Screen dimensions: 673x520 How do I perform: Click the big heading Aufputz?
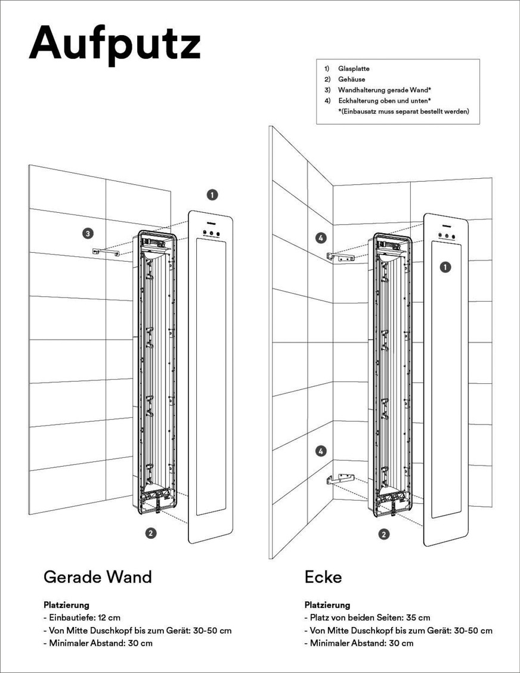tap(114, 42)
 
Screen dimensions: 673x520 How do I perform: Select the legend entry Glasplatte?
tap(354, 69)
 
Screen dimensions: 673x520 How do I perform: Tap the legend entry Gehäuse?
tap(351, 79)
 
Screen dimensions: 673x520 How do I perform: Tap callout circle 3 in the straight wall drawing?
tap(87, 233)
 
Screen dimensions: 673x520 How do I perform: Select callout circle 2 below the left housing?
tap(151, 533)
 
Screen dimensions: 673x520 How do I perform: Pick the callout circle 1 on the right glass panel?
tap(445, 268)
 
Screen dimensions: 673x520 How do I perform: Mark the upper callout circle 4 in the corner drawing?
tap(321, 238)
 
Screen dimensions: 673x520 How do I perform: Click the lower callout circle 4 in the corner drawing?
tap(321, 451)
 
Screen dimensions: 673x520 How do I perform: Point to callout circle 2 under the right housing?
tap(385, 534)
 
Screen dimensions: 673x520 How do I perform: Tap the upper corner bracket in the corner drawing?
tap(341, 258)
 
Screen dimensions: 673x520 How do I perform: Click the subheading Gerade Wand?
tap(98, 577)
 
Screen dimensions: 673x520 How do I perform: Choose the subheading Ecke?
tap(323, 577)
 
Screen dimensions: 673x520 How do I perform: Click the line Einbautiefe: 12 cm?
tap(82, 618)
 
